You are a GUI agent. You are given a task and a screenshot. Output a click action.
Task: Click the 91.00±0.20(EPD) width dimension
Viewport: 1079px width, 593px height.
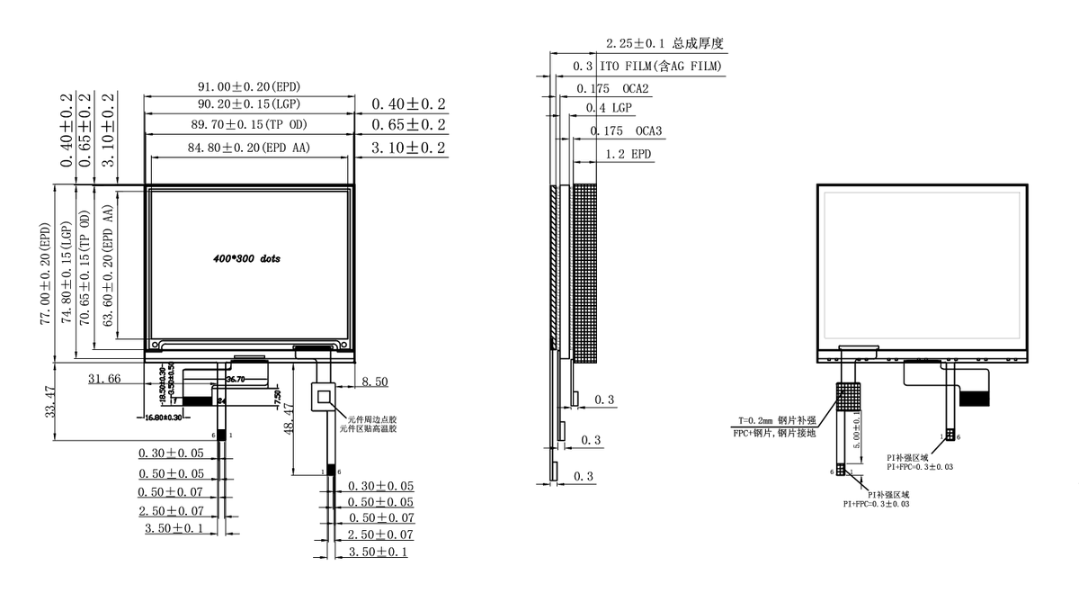(249, 86)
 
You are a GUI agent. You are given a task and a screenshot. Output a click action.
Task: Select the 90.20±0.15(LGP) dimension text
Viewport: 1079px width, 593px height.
(249, 105)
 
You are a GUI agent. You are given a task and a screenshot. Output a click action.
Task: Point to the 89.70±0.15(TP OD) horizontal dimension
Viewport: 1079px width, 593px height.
(249, 124)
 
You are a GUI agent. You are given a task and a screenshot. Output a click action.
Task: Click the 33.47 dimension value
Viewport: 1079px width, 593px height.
(50, 400)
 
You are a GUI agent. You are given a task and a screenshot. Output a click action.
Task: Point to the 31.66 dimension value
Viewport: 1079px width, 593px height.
(104, 380)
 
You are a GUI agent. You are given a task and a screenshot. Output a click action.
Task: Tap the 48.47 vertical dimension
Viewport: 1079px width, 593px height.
(289, 420)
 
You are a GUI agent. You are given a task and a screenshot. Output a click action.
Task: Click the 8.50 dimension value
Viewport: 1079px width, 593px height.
(374, 382)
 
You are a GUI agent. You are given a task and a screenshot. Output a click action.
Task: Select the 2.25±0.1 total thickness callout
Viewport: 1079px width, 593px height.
(664, 43)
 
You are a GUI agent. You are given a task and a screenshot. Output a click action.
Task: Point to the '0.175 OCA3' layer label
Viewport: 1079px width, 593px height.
(626, 131)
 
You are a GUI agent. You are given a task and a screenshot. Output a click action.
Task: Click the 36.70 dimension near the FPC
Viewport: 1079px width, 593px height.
(235, 380)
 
